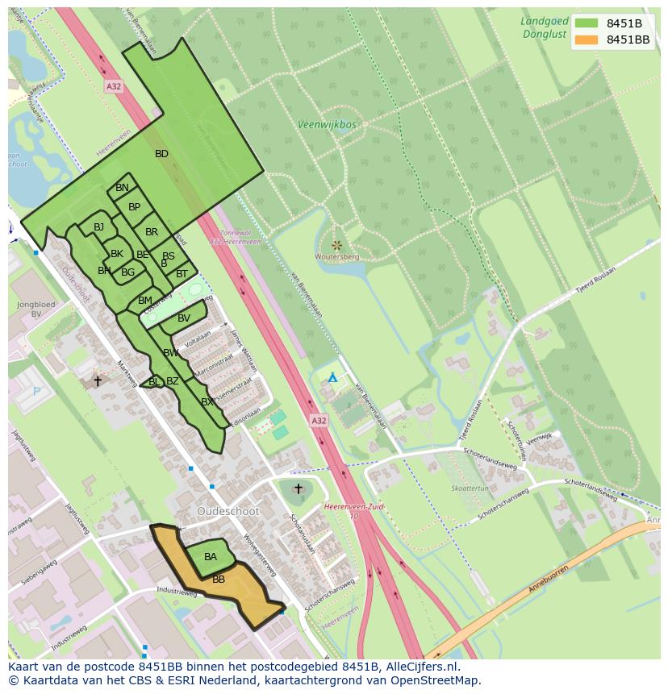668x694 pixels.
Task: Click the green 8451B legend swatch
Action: tap(586, 23)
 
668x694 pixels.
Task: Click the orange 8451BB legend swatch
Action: tap(586, 39)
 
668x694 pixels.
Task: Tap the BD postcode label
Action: tap(161, 154)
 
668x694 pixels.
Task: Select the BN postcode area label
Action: tap(122, 188)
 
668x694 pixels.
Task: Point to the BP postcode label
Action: tap(134, 207)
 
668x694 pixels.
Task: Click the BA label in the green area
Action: tap(211, 557)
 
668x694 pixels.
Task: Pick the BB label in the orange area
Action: tap(219, 579)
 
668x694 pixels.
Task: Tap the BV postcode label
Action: tap(184, 318)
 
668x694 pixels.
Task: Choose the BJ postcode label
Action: tap(98, 227)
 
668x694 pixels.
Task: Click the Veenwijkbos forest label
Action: tap(327, 125)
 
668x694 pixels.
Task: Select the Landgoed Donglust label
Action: tap(544, 28)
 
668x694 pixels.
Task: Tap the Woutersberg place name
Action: tap(336, 256)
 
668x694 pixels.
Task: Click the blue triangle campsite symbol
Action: tap(332, 377)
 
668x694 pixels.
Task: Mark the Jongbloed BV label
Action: tap(36, 310)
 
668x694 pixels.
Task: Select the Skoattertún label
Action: tap(470, 488)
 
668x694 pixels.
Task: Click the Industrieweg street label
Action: tap(177, 592)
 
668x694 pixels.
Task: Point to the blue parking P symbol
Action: tap(35, 392)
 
